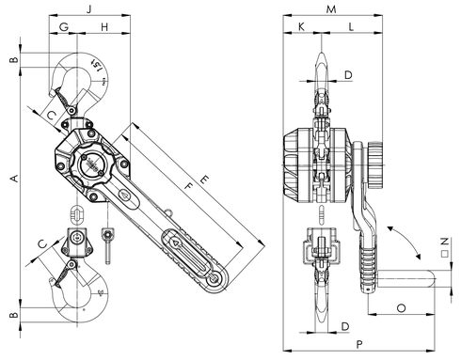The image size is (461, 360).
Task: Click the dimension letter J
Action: click(x=88, y=8)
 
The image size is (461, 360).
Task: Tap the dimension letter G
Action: click(x=64, y=28)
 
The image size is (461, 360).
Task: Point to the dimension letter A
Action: click(x=12, y=178)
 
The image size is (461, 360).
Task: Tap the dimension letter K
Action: click(x=301, y=28)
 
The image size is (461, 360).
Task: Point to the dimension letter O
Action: click(x=402, y=306)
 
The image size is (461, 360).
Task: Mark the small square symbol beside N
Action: click(x=442, y=252)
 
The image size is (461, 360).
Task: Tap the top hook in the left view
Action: click(x=80, y=80)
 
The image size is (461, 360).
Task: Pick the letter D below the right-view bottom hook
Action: click(x=347, y=326)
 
